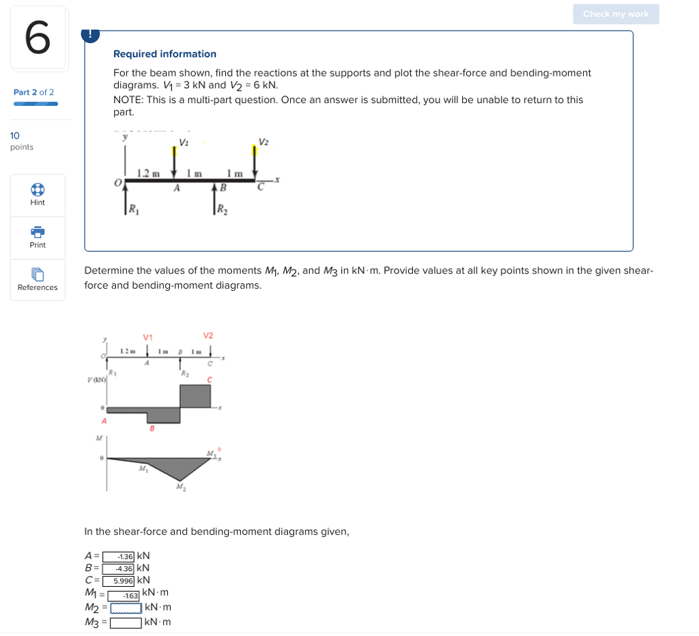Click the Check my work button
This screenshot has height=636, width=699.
[x=616, y=14]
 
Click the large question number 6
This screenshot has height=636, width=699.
[x=38, y=38]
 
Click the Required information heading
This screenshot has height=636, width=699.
[x=165, y=54]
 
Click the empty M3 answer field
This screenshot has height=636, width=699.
[x=126, y=622]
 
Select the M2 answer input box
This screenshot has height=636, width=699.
[x=126, y=608]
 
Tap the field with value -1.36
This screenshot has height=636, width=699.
[x=119, y=556]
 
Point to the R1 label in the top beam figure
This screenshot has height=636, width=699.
[x=133, y=209]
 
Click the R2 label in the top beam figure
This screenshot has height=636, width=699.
[x=223, y=210]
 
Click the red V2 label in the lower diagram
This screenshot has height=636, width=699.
[x=208, y=335]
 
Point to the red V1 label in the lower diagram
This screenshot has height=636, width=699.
[x=148, y=337]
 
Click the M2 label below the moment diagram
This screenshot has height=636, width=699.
[x=180, y=487]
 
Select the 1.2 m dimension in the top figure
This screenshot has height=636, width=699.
[x=148, y=173]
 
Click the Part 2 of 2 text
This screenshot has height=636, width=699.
[x=33, y=92]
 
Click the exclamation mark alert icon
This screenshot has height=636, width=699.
[x=90, y=34]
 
